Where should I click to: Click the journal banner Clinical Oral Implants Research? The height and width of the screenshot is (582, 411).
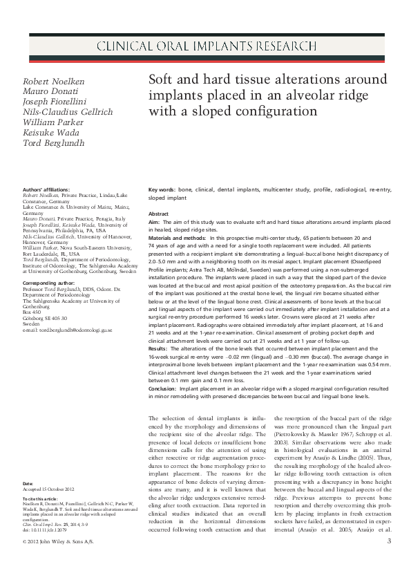click(x=205, y=48)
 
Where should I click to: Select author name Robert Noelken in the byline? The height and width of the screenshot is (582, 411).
click(x=54, y=81)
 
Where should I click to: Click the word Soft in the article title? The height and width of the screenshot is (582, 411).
click(x=162, y=80)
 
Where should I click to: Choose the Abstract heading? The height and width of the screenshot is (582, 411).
click(x=159, y=214)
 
